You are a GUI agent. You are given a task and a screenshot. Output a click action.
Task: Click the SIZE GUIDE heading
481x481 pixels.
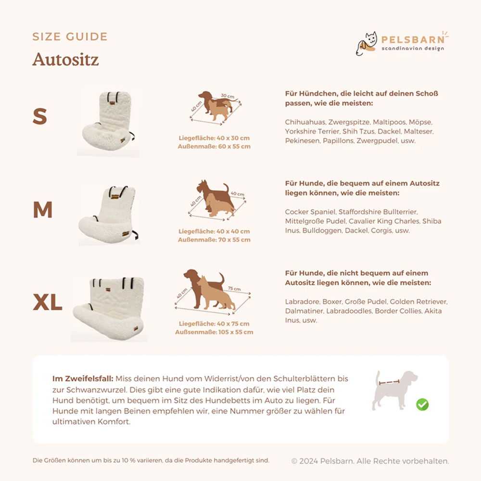pyautogui.click(x=70, y=37)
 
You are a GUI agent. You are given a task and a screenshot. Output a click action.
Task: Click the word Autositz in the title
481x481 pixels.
pyautogui.click(x=65, y=59)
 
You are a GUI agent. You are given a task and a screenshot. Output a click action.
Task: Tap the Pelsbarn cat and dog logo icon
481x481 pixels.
pyautogui.click(x=366, y=44)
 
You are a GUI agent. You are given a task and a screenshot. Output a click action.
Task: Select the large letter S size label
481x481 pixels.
pyautogui.click(x=40, y=116)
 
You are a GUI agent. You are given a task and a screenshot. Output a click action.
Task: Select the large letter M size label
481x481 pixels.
pyautogui.click(x=43, y=210)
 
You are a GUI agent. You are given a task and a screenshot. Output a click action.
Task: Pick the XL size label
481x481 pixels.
pyautogui.click(x=48, y=302)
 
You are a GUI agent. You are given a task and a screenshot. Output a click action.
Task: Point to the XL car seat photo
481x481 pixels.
pyautogui.click(x=109, y=309)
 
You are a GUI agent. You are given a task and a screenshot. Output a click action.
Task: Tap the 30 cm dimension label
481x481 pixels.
pyautogui.click(x=228, y=96)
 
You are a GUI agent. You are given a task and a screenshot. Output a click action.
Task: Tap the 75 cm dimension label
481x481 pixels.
pyautogui.click(x=234, y=289)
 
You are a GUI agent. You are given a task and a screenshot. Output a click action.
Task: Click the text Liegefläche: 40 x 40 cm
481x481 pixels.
pyautogui.click(x=214, y=231)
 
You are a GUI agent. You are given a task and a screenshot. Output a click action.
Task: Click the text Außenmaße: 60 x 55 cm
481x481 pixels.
pyautogui.click(x=214, y=146)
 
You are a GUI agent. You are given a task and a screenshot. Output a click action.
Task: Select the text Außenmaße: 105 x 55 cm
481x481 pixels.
pyautogui.click(x=214, y=332)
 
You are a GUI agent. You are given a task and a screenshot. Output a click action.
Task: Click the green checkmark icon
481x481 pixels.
pyautogui.click(x=422, y=405)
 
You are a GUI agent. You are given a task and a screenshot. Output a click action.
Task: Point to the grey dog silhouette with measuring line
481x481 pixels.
pyautogui.click(x=394, y=390)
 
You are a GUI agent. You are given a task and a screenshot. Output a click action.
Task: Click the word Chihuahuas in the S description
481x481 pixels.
pyautogui.click(x=305, y=122)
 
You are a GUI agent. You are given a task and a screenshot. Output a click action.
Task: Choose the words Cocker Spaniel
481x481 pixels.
pyautogui.click(x=310, y=212)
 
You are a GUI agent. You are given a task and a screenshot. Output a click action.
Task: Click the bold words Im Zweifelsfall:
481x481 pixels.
pyautogui.click(x=83, y=379)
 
